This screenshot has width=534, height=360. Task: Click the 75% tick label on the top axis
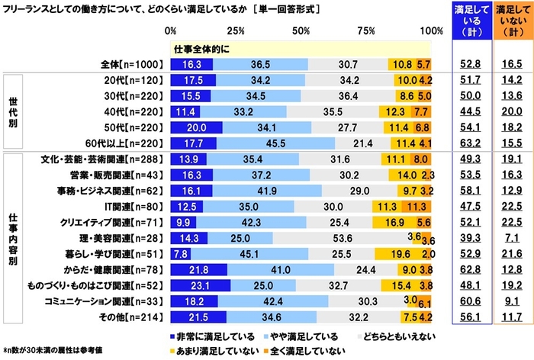pyautogui.click(x=366, y=31)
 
